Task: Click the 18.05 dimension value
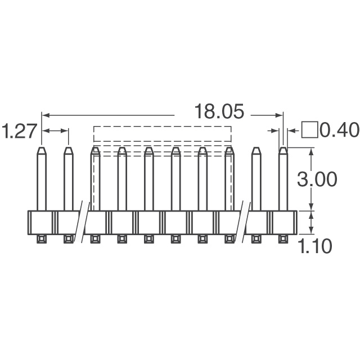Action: (x=219, y=111)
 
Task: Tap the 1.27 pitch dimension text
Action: (x=19, y=131)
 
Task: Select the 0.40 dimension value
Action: (x=339, y=130)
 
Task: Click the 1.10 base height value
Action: (x=316, y=246)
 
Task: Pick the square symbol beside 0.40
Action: (x=310, y=130)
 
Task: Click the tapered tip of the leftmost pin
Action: (x=42, y=151)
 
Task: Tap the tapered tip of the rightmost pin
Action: (x=283, y=151)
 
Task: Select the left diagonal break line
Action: (x=82, y=222)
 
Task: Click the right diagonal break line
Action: (x=243, y=222)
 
